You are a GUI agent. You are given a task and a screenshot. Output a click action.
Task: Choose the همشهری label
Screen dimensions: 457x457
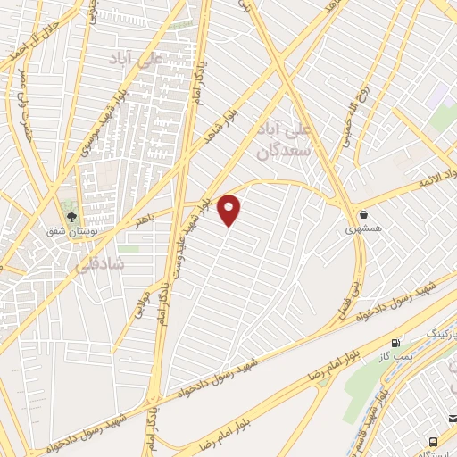pos(364,228)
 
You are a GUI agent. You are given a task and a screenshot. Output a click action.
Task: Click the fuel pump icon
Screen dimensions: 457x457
pos(395,343)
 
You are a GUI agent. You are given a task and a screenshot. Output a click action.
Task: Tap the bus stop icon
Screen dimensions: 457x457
pos(433,441)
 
